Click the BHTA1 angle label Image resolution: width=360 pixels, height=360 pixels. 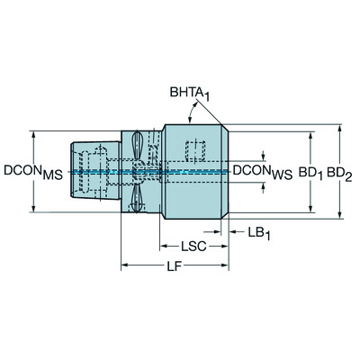pos(190,94)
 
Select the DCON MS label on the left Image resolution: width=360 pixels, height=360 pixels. pos(33,172)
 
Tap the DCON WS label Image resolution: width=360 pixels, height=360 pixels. pos(263,172)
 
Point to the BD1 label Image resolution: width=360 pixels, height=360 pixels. pos(310,173)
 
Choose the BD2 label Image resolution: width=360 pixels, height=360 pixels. pos(339,175)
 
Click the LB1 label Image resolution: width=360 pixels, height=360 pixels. pos(259,233)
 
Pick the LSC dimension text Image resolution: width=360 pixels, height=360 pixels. pos(193,247)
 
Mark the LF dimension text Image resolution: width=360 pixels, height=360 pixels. pos(175,265)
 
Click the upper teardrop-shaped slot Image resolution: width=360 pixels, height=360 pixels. pos(138,145)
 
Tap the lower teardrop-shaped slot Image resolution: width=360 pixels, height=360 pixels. pos(137,198)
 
